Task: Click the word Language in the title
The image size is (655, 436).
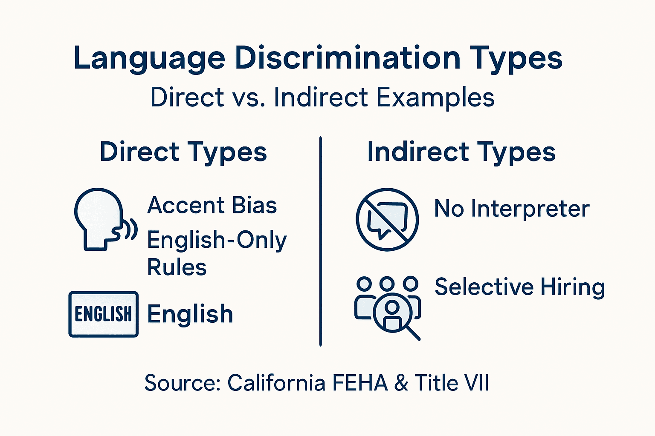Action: click(x=149, y=59)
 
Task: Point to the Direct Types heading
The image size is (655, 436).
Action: click(x=183, y=152)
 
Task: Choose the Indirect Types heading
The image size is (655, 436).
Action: click(x=461, y=152)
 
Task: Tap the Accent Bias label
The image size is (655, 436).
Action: click(x=212, y=205)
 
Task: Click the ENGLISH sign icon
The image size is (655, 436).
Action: click(x=103, y=314)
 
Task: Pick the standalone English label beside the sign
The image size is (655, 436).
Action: click(x=190, y=314)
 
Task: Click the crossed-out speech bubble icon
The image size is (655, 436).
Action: click(x=387, y=219)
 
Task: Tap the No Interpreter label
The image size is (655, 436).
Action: click(x=512, y=209)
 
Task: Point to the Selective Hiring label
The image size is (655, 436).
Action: click(x=520, y=287)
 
